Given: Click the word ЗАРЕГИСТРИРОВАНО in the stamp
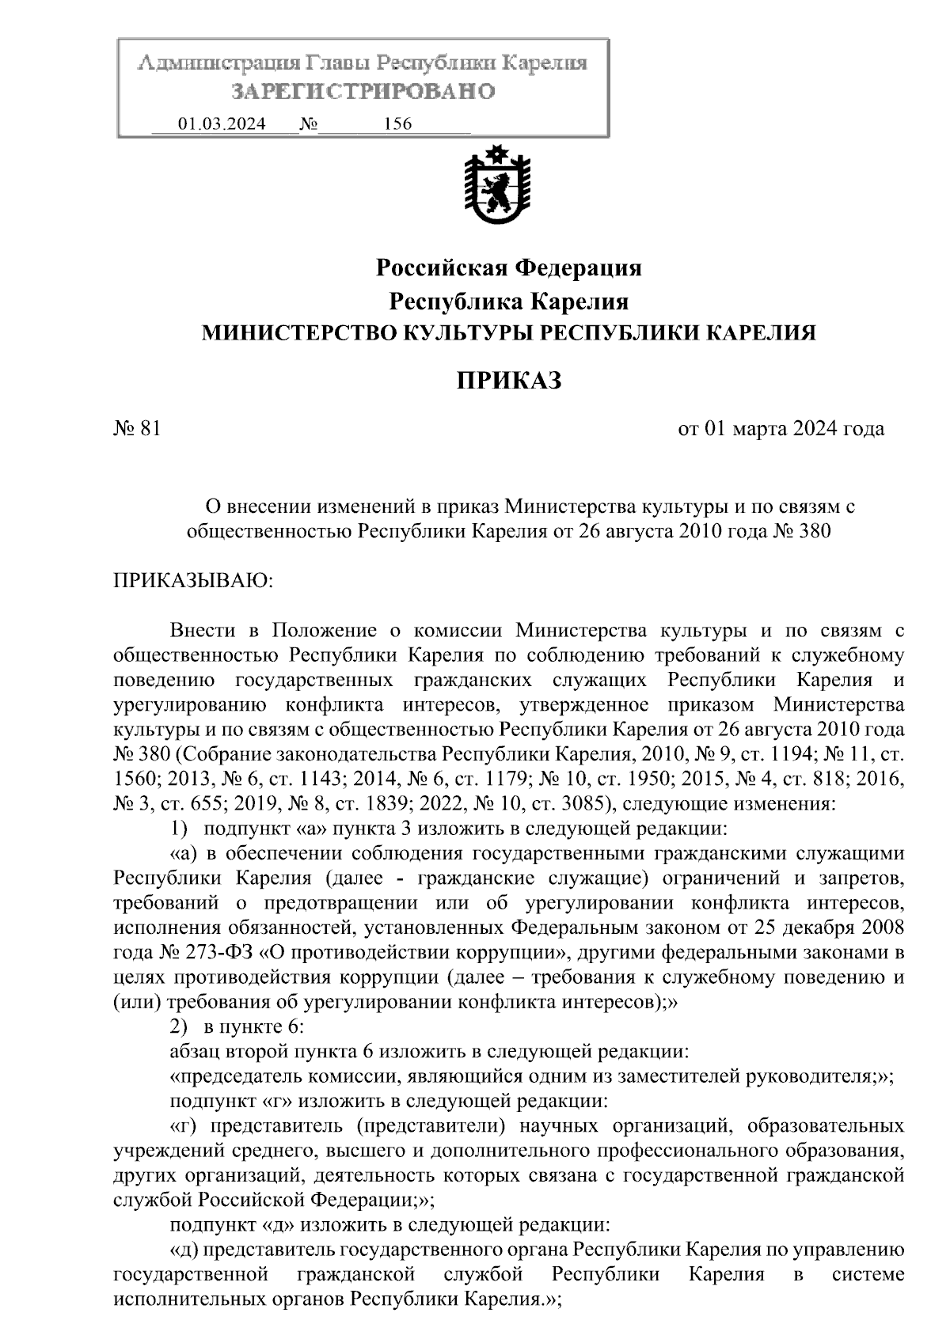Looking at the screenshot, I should pos(363,92).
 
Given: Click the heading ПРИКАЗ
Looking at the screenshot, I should pos(509,381).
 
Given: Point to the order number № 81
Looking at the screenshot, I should pos(138,429).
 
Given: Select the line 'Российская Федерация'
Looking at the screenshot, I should pos(508,268).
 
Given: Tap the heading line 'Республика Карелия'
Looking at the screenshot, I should pos(508,302).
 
